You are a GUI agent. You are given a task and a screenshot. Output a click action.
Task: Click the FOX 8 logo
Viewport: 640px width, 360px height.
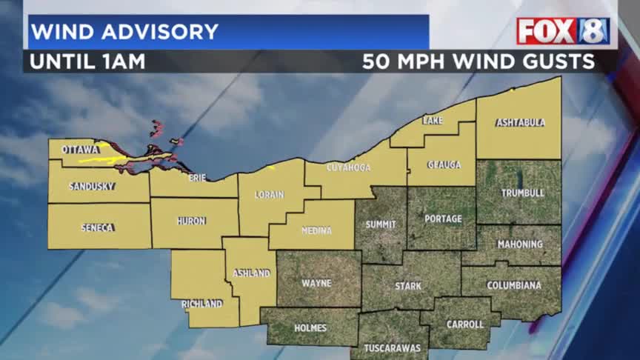[563, 31]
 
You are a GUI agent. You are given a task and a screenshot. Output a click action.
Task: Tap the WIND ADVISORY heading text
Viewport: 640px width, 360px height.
[124, 32]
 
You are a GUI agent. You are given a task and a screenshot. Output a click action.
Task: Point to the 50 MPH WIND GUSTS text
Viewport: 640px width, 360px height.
[479, 61]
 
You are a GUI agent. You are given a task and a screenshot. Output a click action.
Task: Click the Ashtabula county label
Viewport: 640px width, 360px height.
[521, 122]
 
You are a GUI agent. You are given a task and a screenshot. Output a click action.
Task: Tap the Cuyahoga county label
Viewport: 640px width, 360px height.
[348, 168]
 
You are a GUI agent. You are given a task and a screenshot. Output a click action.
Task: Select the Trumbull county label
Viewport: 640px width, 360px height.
[522, 193]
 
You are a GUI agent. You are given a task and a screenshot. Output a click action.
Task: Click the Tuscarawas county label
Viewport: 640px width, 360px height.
[393, 348]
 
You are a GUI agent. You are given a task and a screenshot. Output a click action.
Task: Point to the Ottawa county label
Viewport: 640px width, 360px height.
[80, 150]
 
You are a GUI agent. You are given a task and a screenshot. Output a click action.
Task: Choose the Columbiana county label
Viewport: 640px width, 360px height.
[513, 285]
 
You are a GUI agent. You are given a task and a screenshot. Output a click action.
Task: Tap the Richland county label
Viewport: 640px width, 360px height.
[201, 304]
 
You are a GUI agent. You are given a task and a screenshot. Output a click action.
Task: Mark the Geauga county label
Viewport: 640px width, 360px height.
[443, 164]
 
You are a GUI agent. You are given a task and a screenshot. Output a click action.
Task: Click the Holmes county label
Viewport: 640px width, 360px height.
[310, 327]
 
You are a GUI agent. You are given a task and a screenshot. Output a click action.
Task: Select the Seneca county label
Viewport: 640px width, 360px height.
[97, 227]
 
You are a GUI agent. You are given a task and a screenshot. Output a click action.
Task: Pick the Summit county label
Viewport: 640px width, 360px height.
[381, 224]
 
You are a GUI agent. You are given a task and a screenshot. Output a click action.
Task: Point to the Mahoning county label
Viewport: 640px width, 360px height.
[520, 244]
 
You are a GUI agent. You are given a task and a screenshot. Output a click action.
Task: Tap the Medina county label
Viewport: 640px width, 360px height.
[316, 230]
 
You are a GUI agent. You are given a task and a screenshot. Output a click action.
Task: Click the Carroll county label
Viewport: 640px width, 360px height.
[464, 324]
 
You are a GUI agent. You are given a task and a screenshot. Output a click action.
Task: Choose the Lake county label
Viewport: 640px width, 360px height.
[433, 121]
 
